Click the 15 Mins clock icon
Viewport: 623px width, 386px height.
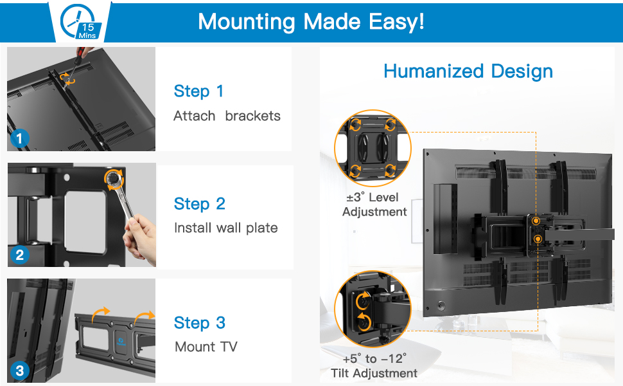pos(79,21)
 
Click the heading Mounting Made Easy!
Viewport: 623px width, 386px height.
pos(311,22)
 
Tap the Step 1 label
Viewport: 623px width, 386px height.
pos(198,91)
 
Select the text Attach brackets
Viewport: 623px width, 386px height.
pos(227,116)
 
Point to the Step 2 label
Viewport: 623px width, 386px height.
pos(199,205)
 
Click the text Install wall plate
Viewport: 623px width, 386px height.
pos(225,228)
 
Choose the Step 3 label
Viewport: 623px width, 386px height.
pos(199,323)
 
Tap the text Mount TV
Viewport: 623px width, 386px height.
pos(206,347)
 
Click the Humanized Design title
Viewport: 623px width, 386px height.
pos(468,71)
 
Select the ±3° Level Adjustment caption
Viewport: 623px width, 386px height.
pos(374,205)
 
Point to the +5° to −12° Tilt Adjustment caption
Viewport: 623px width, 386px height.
pos(374,365)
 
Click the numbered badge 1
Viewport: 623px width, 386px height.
pos(20,138)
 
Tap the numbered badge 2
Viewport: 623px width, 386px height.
pos(20,255)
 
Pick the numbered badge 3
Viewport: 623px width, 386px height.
pos(20,371)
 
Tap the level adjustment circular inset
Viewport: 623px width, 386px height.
pos(373,148)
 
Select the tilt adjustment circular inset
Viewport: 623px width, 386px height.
pos(373,309)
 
